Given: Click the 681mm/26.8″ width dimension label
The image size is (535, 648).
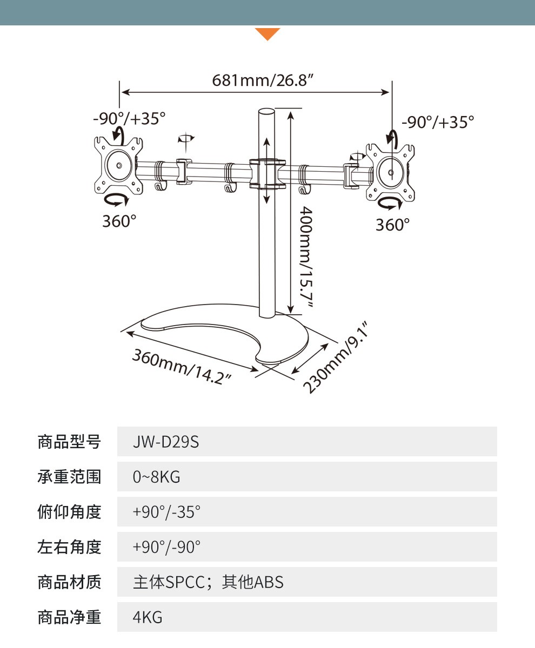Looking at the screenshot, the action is [x=262, y=80].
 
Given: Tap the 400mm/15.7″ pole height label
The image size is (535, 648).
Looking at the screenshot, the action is [x=306, y=257].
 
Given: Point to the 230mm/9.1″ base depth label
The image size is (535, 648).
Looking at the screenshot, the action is [x=336, y=357].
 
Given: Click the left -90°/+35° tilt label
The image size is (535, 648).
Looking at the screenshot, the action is [x=129, y=118].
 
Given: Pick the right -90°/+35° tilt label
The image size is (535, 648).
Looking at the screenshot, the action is [x=438, y=122].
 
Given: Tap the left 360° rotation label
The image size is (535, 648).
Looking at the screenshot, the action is [x=119, y=221].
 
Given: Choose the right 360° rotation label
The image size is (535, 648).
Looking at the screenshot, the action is [x=393, y=225].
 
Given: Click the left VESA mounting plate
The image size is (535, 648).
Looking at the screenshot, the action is [x=118, y=165].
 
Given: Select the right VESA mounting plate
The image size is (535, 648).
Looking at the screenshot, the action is [x=391, y=172].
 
